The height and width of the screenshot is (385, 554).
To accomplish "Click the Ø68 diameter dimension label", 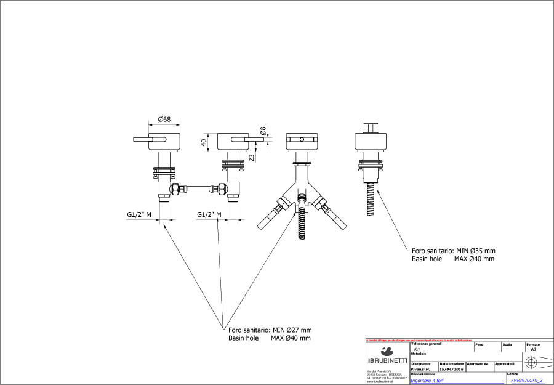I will [x=164, y=119].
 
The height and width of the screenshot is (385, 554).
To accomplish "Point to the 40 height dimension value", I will [x=204, y=142].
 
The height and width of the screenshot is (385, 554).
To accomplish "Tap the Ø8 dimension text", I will [x=263, y=131].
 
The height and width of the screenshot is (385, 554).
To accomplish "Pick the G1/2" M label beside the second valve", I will [x=209, y=214].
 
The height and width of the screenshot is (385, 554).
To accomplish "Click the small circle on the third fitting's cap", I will [x=302, y=140].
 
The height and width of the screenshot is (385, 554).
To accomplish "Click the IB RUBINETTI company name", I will [x=387, y=359].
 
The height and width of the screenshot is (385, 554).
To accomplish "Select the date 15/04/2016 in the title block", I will [x=452, y=369].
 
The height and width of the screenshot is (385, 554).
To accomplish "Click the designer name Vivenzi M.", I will [x=422, y=369].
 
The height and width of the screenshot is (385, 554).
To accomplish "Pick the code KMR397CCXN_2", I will [x=526, y=380].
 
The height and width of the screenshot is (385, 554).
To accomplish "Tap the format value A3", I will [x=533, y=349].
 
